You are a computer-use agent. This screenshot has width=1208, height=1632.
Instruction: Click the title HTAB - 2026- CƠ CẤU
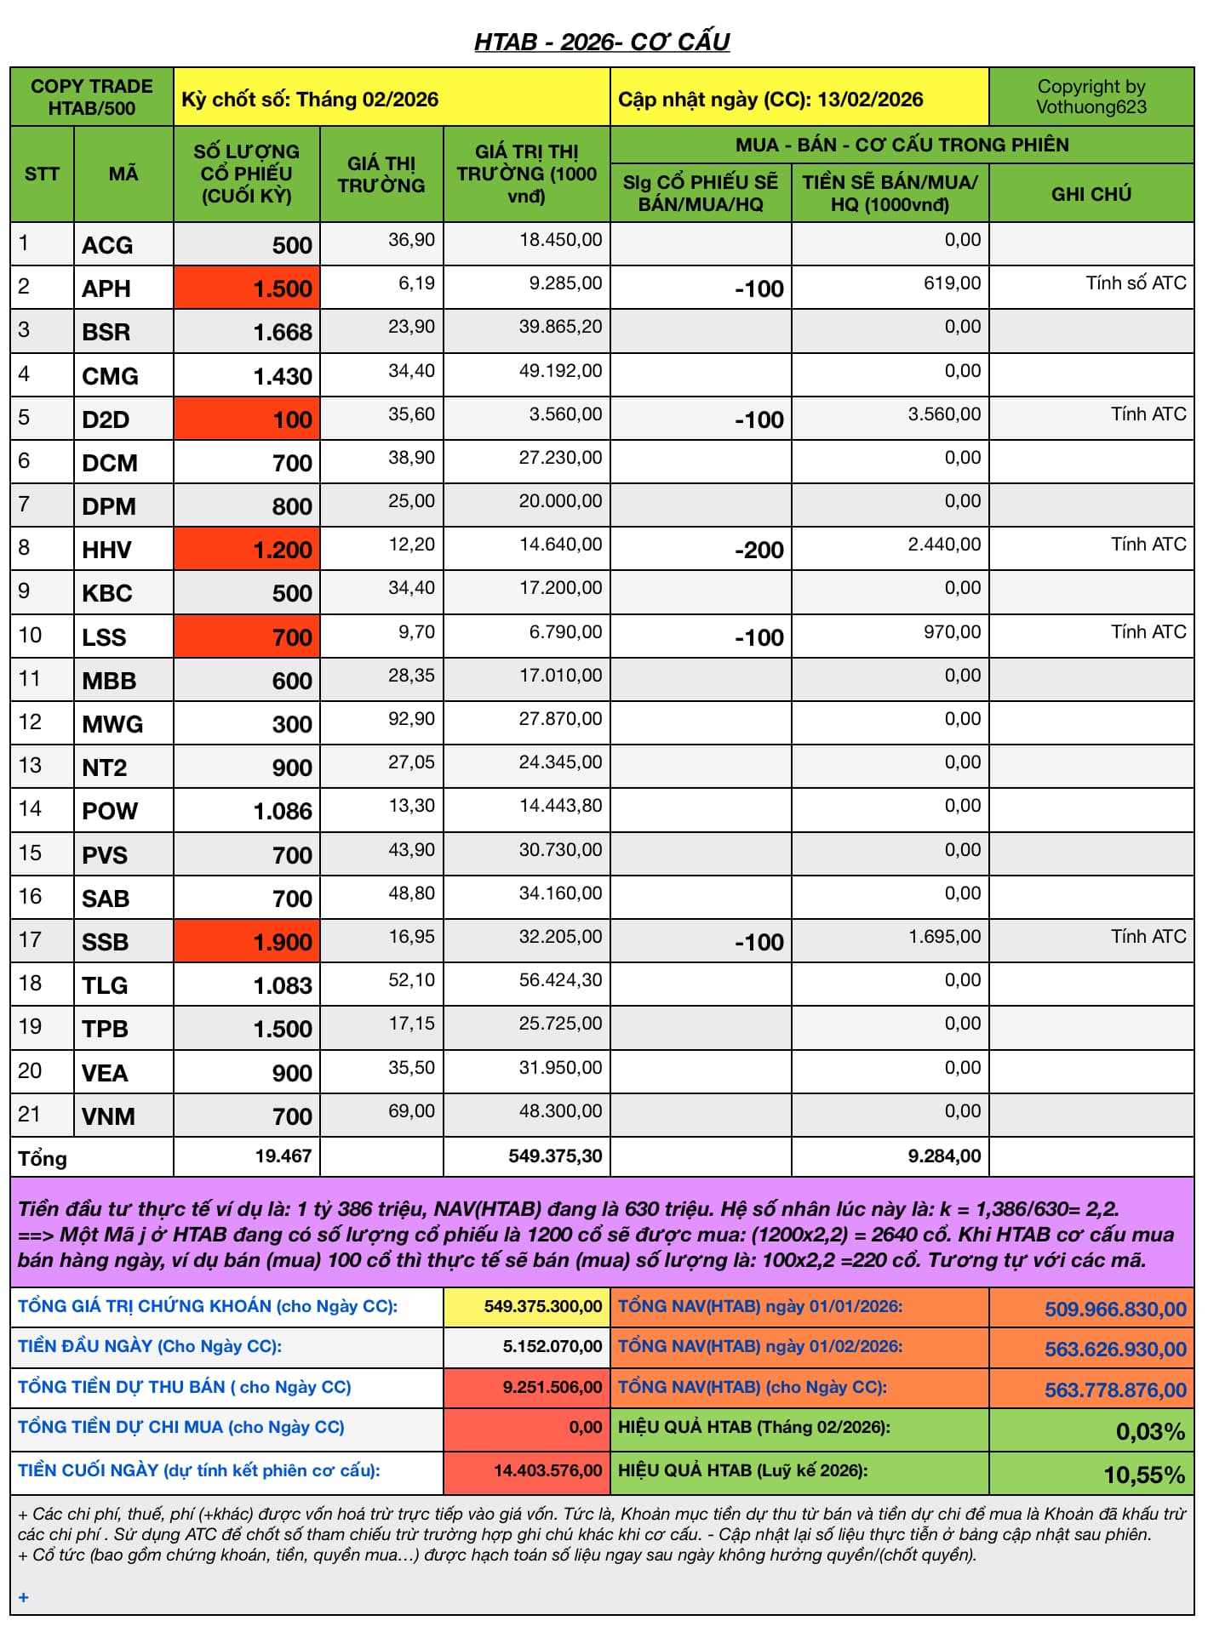coord(602,42)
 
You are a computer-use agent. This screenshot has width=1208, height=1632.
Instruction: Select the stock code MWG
coord(112,724)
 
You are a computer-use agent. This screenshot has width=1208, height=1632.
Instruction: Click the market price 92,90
coord(411,719)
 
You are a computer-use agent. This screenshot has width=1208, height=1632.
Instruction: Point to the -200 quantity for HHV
coord(759,550)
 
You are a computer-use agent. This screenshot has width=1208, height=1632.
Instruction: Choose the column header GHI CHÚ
coord(1091,194)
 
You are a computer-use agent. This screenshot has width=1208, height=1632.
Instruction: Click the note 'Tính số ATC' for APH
coord(1135,283)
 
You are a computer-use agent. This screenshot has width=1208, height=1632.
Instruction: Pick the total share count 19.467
coord(283,1156)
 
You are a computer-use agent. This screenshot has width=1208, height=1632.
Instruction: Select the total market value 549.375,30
coord(555,1156)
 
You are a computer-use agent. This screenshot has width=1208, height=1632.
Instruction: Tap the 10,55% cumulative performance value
coord(1143,1475)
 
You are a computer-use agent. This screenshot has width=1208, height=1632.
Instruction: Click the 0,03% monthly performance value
coord(1149,1431)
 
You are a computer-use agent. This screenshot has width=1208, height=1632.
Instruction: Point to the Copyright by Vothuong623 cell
coord(1091,97)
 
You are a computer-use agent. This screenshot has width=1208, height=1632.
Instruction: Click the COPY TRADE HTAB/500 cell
coord(92,97)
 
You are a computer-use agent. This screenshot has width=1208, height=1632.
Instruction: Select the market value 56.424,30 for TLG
coord(560,980)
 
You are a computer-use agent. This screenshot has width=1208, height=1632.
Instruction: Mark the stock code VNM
coord(108,1116)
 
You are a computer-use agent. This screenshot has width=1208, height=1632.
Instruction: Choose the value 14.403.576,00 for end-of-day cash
coord(547,1470)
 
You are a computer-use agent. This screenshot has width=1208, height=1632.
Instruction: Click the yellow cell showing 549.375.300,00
coord(542,1306)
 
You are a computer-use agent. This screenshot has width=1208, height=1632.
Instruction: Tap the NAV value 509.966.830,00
coord(1114,1309)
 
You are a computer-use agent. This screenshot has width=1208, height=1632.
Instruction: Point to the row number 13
coord(30,765)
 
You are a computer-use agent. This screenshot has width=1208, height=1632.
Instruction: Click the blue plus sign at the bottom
coord(24,1597)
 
